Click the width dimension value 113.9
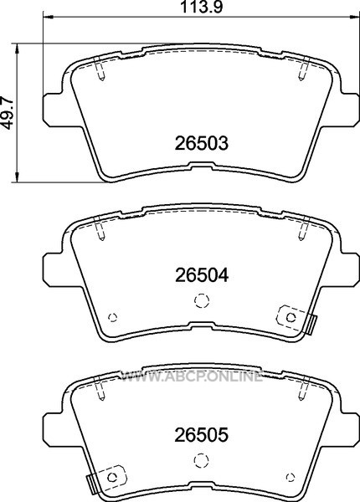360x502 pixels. click(x=201, y=7)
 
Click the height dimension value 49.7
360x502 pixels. click(x=8, y=113)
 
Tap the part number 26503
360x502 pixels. click(x=202, y=143)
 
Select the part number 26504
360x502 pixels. click(x=202, y=275)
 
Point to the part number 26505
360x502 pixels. click(x=202, y=435)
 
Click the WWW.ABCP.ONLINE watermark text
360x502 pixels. click(x=191, y=376)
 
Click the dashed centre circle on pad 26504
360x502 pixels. click(x=202, y=300)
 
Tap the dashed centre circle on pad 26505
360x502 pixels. click(x=202, y=460)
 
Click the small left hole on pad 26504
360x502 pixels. click(x=113, y=317)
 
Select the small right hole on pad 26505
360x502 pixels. click(x=291, y=478)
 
